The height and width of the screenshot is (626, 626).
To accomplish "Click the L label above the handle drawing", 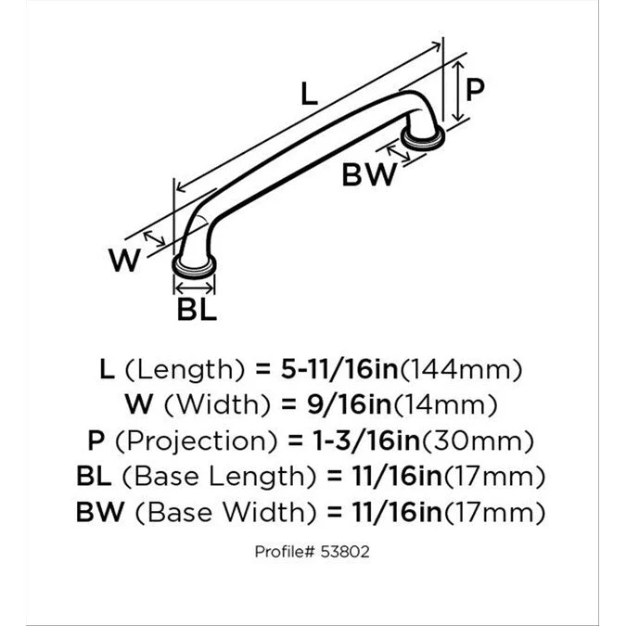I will pyautogui.click(x=309, y=94).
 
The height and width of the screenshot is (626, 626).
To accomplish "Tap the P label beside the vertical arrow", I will pyautogui.click(x=475, y=90).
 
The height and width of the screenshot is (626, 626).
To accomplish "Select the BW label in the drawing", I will pyautogui.click(x=369, y=174).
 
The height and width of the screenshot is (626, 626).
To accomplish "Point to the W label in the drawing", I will pyautogui.click(x=124, y=262).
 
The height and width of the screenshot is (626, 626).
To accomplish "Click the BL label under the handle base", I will pyautogui.click(x=197, y=310).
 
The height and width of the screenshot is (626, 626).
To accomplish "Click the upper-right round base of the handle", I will pyautogui.click(x=423, y=139).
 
